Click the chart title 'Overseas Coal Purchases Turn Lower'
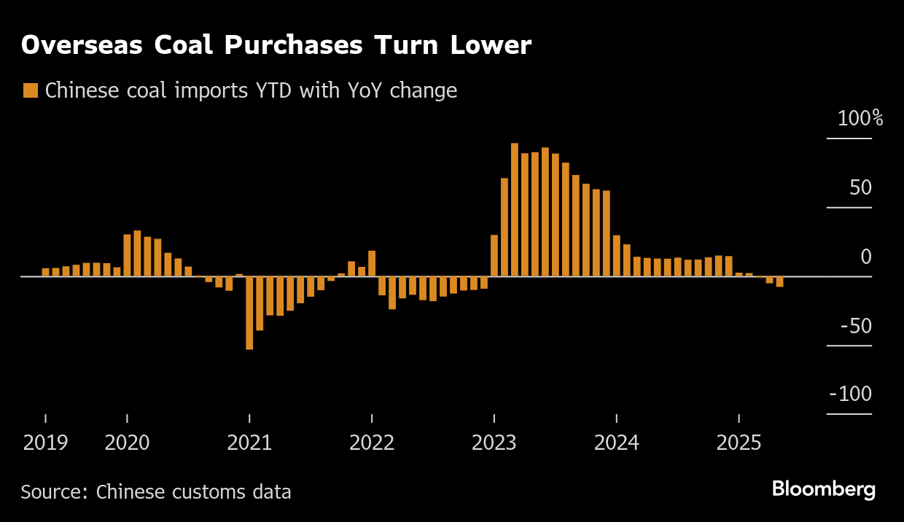[276, 45]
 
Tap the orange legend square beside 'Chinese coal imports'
[31, 90]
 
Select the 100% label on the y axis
[860, 119]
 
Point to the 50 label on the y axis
[860, 188]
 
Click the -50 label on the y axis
[856, 326]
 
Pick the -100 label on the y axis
[851, 394]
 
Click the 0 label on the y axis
[866, 257]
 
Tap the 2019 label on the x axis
[45, 443]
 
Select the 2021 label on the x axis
[249, 443]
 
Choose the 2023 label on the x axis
[494, 443]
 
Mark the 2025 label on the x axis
[739, 443]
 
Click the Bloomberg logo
[824, 489]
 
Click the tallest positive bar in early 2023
[515, 210]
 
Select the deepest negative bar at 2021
[249, 313]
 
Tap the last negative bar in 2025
[779, 281]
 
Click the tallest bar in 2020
[137, 253]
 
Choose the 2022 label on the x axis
[372, 443]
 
